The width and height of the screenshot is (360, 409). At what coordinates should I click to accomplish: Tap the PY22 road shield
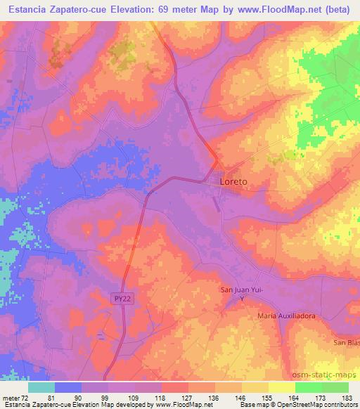[122, 299]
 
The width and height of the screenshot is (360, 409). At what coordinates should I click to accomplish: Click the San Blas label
[345, 342]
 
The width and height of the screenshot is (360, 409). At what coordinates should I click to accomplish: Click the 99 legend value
[109, 398]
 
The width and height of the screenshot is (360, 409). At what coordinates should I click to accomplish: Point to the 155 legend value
[268, 398]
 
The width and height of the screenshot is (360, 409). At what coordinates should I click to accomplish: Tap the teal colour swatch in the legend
[41, 387]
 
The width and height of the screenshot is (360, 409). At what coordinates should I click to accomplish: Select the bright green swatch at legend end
[335, 387]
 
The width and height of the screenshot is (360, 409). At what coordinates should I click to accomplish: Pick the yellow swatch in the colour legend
[282, 387]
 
